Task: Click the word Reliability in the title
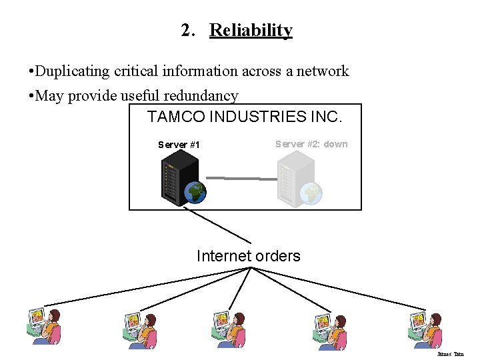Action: (251, 31)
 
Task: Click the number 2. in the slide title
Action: (188, 31)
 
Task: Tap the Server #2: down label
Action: (311, 144)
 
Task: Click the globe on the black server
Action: (196, 193)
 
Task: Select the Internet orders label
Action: (248, 256)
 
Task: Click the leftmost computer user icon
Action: (44, 327)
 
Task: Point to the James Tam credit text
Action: (450, 354)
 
